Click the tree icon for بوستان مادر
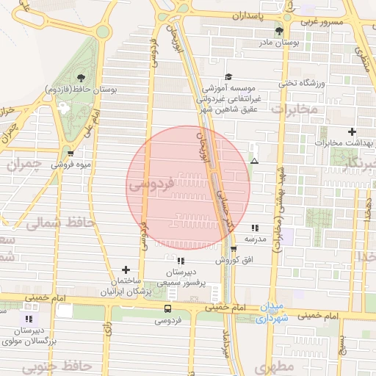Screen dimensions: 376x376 coord(278,31)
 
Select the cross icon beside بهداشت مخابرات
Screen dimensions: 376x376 coord(352,131)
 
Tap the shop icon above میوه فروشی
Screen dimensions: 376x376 coord(70,153)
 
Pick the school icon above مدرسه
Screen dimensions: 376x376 coord(255,228)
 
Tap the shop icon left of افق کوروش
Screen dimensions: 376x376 coord(234,249)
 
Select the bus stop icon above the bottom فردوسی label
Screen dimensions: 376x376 coord(167,308)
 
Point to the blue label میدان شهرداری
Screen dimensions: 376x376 coord(272,314)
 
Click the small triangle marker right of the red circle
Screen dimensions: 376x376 coord(254,160)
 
